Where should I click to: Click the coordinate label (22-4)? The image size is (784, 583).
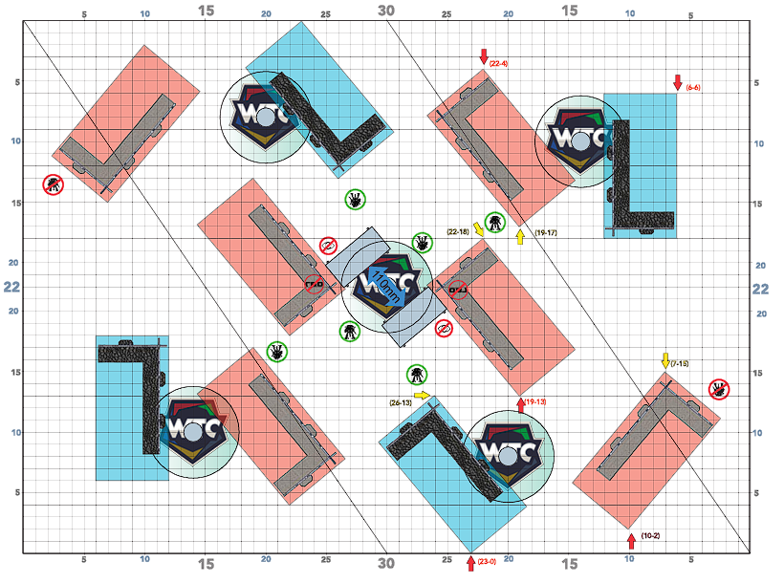click(x=498, y=63)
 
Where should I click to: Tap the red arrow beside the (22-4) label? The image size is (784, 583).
click(x=484, y=55)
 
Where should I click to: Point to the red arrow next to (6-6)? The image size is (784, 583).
click(x=677, y=82)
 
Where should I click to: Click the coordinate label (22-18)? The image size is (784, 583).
click(x=457, y=231)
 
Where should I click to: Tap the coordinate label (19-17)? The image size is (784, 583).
click(x=547, y=232)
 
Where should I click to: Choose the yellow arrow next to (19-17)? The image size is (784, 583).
click(x=520, y=236)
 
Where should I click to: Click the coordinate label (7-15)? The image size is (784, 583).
click(x=681, y=363)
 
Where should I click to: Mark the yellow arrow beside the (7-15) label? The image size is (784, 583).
click(x=665, y=360)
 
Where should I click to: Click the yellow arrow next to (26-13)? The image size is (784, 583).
click(x=423, y=395)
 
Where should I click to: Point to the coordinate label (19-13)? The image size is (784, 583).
click(x=535, y=402)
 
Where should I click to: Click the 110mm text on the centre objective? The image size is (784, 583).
click(x=382, y=287)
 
